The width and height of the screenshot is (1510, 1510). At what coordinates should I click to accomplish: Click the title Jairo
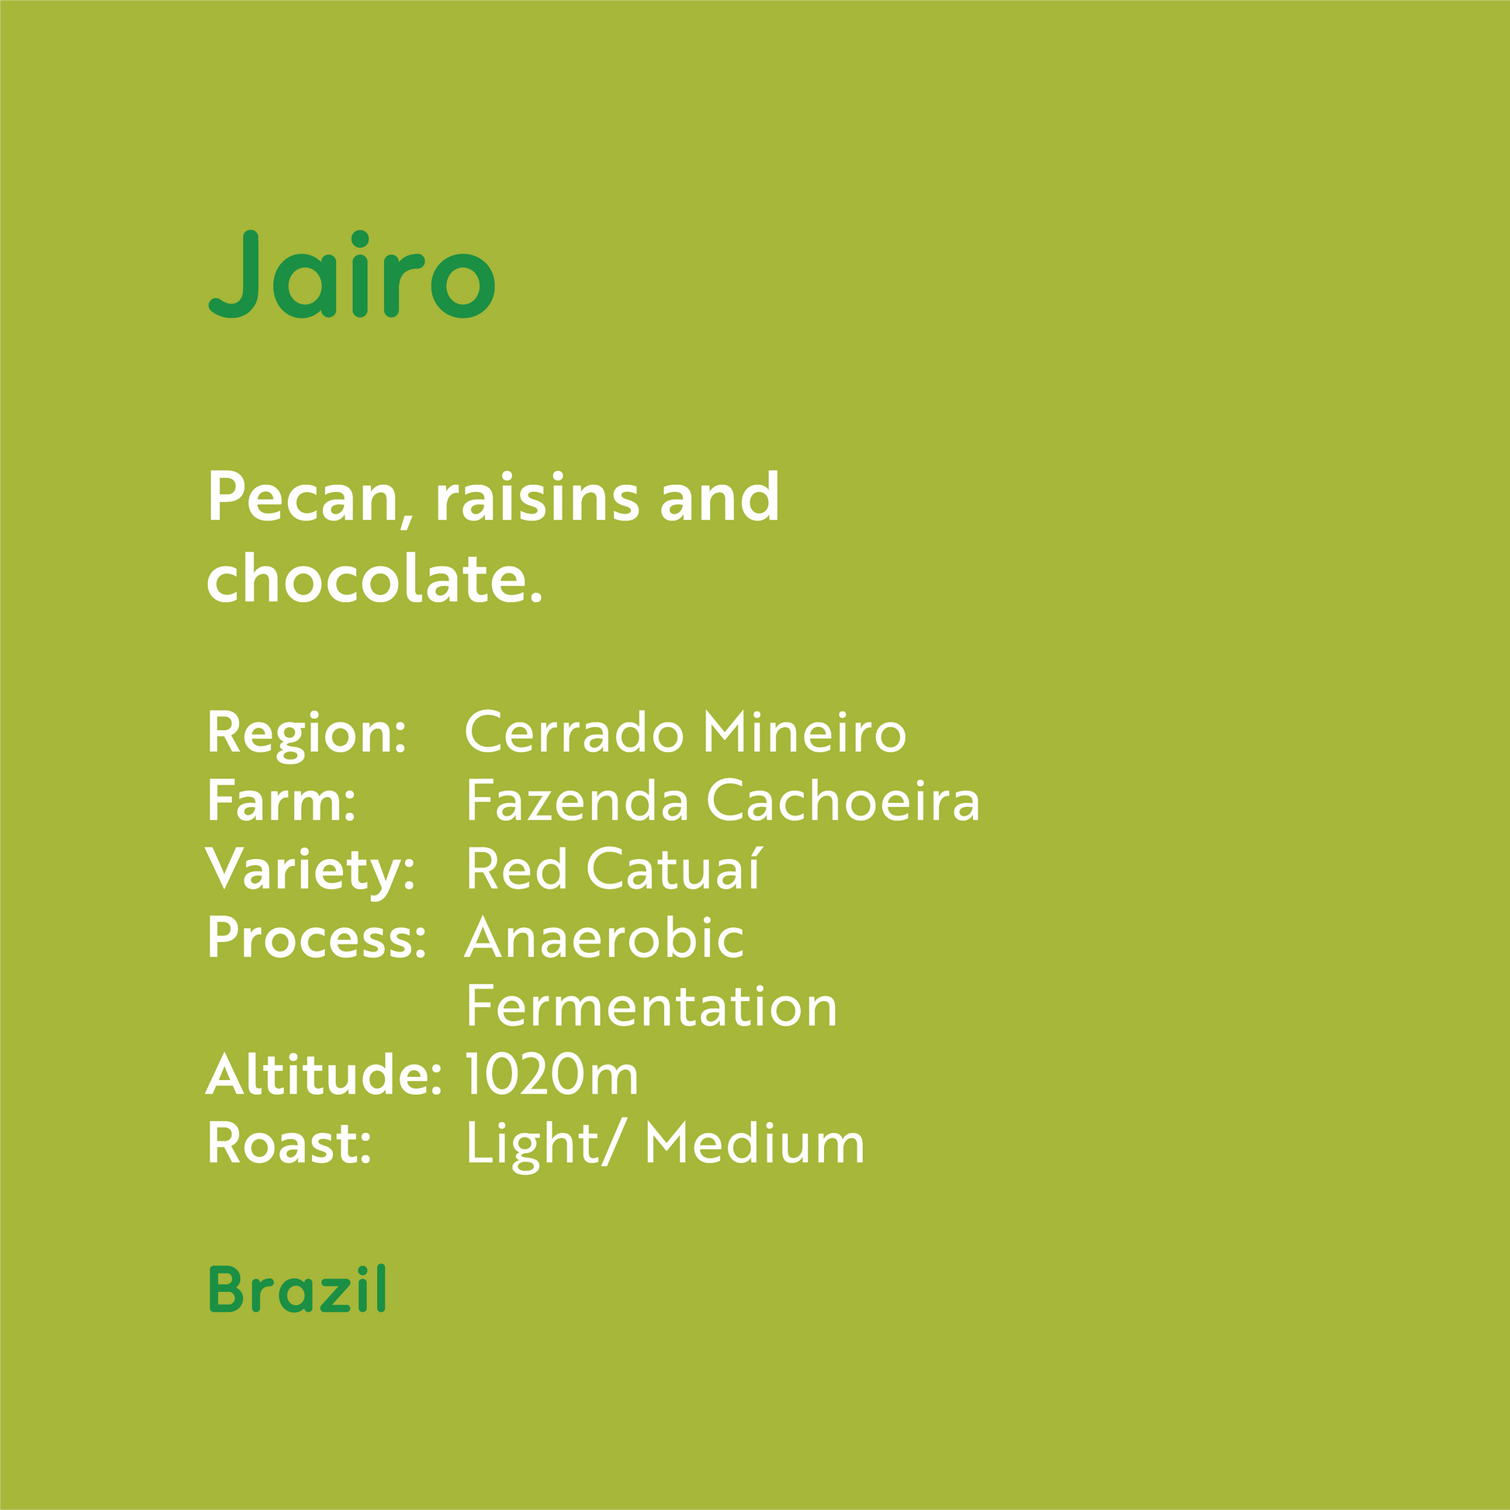352,275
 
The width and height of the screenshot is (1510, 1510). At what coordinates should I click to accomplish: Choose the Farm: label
282,800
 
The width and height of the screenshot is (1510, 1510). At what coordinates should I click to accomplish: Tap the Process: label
317,938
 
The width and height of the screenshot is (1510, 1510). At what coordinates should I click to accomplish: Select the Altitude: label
324,1074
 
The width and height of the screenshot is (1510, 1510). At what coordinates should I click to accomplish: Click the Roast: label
289,1143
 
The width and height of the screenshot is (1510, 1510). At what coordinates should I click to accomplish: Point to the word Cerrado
574,732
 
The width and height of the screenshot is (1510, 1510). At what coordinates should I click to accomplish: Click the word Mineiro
805,732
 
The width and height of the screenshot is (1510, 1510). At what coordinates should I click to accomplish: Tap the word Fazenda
577,800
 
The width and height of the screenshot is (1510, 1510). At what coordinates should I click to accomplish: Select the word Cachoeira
843,800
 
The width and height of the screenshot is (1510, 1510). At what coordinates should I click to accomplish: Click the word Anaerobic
605,937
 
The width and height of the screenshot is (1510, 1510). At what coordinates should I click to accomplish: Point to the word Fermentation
652,1006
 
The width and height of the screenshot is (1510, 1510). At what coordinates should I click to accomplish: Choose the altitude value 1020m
552,1075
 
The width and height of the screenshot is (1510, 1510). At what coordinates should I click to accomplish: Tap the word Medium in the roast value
755,1143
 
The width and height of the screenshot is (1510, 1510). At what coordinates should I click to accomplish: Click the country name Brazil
298,1289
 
